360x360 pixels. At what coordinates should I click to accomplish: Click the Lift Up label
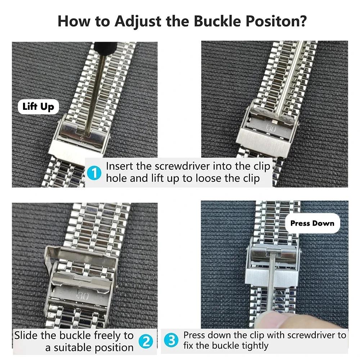pos(38,107)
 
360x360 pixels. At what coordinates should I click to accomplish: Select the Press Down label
pos(312,223)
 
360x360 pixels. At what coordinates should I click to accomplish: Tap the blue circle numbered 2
pos(146,341)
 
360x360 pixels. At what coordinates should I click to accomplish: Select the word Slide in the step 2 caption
pos(26,336)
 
